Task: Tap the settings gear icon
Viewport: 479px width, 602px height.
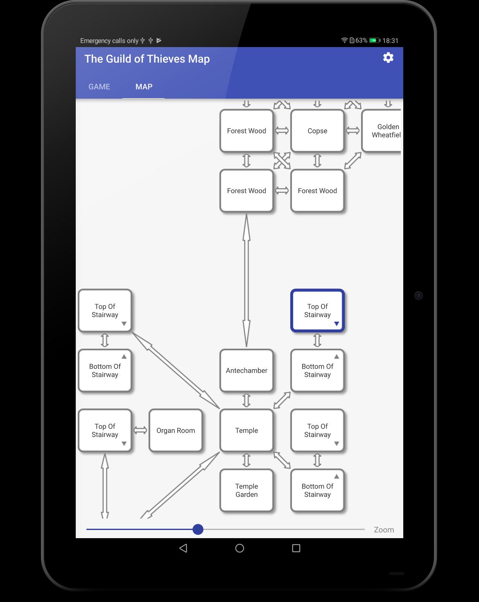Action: tap(388, 58)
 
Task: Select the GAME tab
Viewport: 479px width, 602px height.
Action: tap(99, 87)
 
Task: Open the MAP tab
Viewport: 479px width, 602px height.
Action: tap(144, 87)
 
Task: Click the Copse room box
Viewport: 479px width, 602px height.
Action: tap(317, 131)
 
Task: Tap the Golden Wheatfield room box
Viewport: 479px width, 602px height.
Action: tap(381, 131)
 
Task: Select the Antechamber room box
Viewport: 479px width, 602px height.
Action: tap(246, 370)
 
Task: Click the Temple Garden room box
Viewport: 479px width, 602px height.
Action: tap(246, 490)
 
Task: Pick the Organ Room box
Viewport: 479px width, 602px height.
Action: tap(176, 430)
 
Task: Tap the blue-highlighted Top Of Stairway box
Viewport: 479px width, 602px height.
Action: tap(317, 311)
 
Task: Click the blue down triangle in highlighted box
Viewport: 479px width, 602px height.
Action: tap(337, 324)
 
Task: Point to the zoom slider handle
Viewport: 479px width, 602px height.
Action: tap(198, 529)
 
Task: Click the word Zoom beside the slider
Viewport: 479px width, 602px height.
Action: tap(384, 530)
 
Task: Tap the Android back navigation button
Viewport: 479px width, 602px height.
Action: tap(183, 548)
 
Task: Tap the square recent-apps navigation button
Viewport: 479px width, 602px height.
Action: tap(296, 548)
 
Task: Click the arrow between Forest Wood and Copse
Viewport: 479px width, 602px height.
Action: tap(282, 131)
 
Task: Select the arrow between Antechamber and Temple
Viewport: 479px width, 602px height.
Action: tap(246, 400)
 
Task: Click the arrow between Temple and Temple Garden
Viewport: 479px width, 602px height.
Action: tap(246, 460)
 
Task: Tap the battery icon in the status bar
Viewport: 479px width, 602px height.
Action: tap(375, 41)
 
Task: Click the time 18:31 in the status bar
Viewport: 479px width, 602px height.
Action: tap(390, 41)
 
